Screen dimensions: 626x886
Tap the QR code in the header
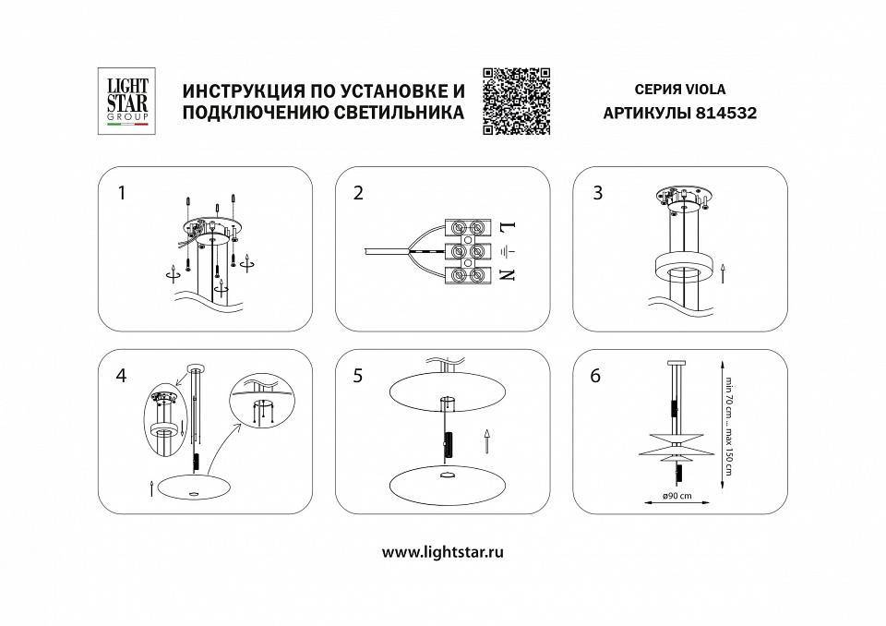pos(516,101)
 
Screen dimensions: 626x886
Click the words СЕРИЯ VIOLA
pos(681,90)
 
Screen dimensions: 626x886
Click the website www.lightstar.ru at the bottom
pos(442,552)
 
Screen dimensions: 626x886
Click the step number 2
pos(358,193)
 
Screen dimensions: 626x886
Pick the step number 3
pos(598,192)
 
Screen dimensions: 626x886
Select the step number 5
pos(358,376)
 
